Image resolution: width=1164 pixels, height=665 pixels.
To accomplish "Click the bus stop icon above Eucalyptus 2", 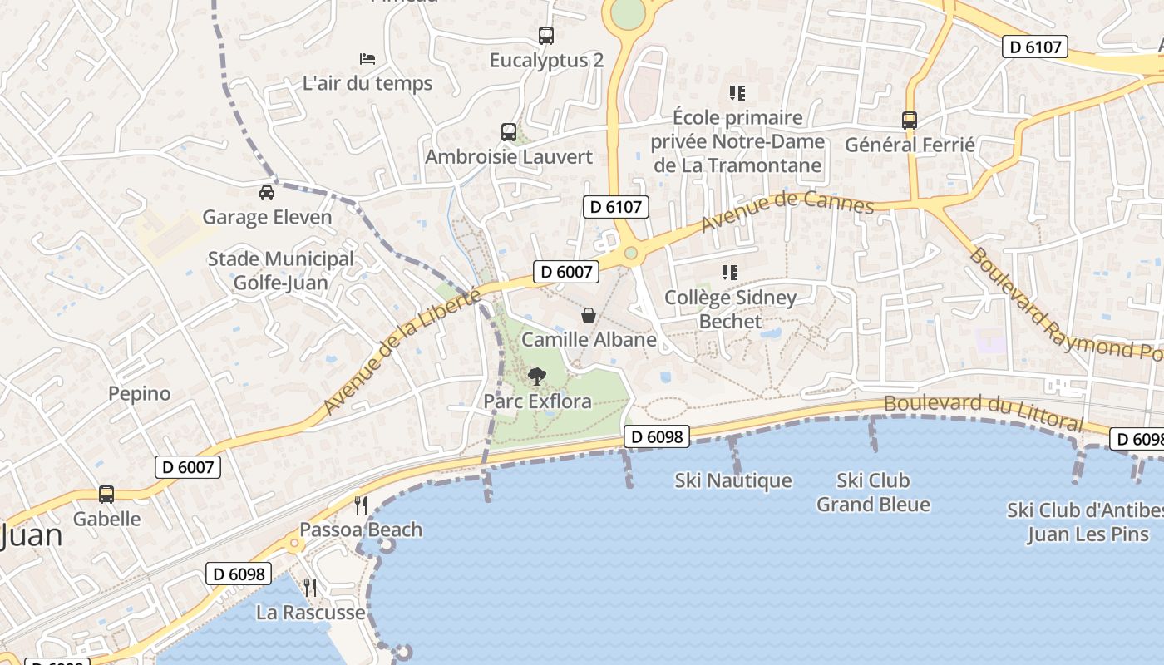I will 545,36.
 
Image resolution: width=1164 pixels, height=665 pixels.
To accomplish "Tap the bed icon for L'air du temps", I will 367,58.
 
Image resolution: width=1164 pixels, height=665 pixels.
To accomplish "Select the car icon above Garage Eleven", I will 267,193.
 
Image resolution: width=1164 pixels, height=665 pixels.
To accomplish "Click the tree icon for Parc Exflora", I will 537,377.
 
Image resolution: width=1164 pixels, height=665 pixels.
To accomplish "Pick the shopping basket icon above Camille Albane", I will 589,315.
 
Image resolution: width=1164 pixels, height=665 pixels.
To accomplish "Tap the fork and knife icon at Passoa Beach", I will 361,505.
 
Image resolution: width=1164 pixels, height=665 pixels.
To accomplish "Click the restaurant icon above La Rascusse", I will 310,588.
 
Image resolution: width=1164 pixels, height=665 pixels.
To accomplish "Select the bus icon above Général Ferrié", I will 910,121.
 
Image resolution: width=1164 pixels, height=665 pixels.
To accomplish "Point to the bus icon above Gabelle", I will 106,495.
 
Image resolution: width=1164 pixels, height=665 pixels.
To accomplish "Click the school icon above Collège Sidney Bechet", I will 730,273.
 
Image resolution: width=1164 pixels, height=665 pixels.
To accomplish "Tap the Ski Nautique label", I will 733,480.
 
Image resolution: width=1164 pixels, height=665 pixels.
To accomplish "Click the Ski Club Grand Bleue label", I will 873,492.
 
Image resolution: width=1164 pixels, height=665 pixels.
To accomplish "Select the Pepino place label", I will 140,393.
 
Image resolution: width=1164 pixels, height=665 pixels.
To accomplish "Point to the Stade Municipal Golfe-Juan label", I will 281,271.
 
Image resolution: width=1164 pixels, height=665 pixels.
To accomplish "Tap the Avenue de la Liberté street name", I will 402,352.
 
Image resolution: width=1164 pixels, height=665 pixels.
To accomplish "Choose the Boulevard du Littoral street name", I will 984,411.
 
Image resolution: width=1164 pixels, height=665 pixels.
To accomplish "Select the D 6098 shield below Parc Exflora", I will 657,436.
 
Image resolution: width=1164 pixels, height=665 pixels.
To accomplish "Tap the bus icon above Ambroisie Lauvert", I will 509,132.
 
